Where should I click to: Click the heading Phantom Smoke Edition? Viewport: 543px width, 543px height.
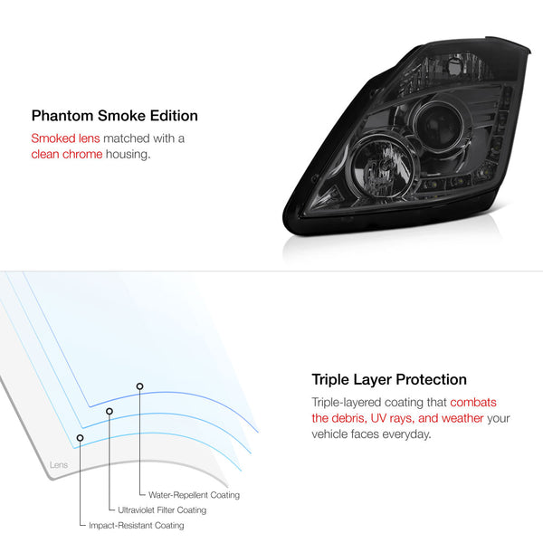[x=115, y=116]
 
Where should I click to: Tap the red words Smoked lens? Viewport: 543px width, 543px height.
[x=65, y=138]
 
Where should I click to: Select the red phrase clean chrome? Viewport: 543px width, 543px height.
[x=67, y=154]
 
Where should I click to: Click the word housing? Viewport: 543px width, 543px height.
[x=129, y=155]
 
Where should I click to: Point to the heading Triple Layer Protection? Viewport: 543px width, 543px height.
[x=389, y=379]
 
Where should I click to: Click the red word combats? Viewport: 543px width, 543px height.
[x=473, y=403]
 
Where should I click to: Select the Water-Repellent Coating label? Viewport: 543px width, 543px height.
[x=194, y=495]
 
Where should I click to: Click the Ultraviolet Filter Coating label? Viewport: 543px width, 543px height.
[x=162, y=510]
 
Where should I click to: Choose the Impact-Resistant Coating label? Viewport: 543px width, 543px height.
[x=136, y=525]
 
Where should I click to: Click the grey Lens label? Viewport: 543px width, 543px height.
[x=59, y=465]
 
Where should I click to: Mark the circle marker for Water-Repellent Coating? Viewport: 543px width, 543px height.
[x=139, y=386]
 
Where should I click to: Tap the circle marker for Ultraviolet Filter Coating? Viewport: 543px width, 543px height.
[x=110, y=411]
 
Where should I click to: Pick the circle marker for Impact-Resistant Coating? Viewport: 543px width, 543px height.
[x=80, y=438]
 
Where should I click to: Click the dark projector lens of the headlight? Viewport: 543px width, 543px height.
[x=439, y=124]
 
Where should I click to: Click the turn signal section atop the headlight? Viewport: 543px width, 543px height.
[x=447, y=71]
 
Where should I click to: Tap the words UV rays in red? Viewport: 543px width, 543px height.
[x=393, y=418]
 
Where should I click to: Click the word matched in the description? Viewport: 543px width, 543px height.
[x=127, y=138]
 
